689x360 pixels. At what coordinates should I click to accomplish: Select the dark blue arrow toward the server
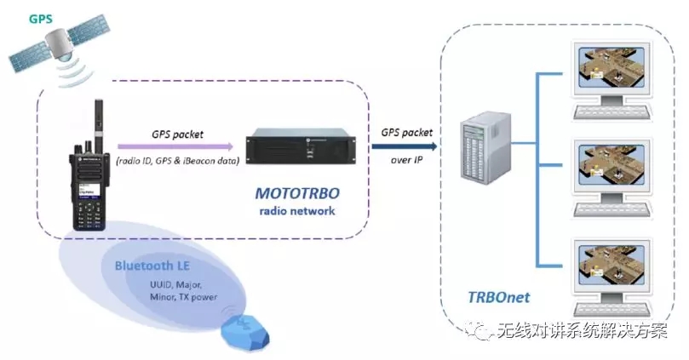[x=404, y=146]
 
